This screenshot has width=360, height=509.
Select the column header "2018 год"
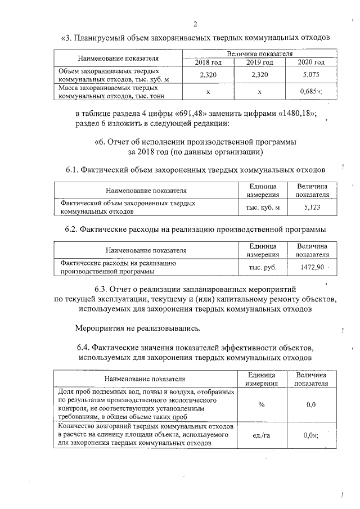[208, 62]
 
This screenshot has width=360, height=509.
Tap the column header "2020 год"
[311, 62]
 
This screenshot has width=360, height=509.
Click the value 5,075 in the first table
[311, 75]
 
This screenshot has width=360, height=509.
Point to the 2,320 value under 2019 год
[259, 75]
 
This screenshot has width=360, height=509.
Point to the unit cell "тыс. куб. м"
[263, 207]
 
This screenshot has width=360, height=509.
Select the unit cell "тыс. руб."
[263, 267]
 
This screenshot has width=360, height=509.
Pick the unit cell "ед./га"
[263, 435]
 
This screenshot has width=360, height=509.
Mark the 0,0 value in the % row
[311, 405]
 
